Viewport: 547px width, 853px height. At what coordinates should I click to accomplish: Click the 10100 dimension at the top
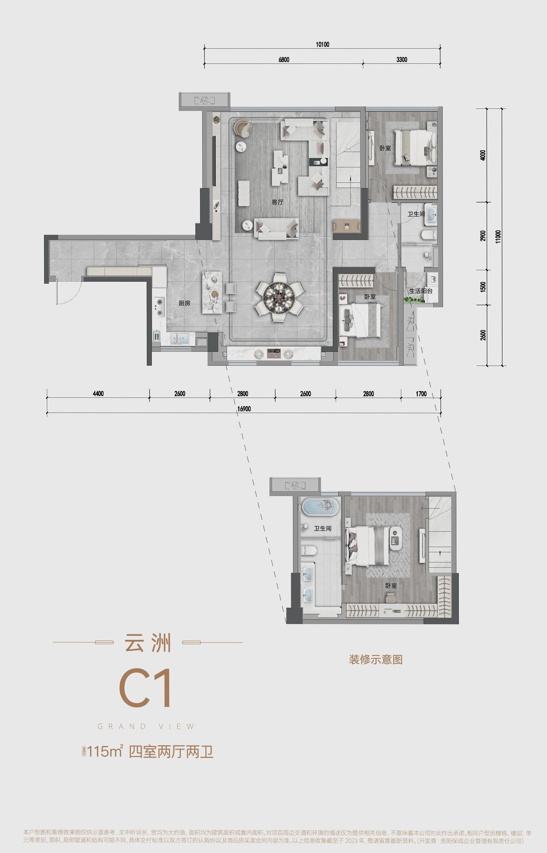(322, 44)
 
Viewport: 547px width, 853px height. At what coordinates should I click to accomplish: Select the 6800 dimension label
(284, 59)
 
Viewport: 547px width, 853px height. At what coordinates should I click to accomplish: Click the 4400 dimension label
(98, 394)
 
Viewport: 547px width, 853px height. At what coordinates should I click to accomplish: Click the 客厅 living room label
(277, 202)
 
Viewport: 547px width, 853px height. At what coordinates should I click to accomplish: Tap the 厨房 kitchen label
(184, 303)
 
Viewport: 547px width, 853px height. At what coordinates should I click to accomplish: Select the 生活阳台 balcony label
(421, 291)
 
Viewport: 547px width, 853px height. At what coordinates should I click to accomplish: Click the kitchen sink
(179, 338)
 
